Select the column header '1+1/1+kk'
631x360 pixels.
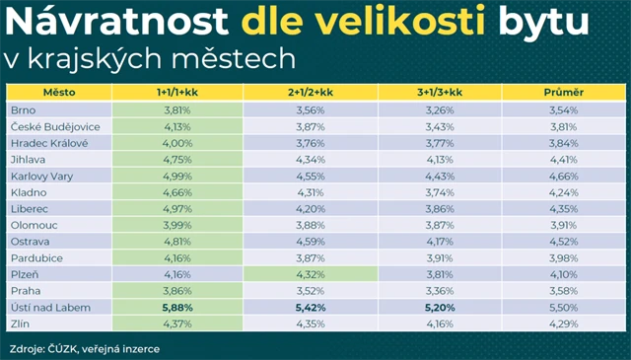coord(177,92)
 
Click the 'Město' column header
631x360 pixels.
coord(59,92)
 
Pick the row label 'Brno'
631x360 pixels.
coord(25,109)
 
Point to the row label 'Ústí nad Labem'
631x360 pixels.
coord(50,308)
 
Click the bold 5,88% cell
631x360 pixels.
coord(177,308)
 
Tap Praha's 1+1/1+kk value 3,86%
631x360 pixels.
coord(177,291)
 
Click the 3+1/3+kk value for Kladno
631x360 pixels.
coord(440,192)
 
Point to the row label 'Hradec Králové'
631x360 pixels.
coord(50,143)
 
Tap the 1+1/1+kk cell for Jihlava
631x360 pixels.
coord(177,159)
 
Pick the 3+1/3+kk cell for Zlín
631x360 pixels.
coord(440,324)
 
